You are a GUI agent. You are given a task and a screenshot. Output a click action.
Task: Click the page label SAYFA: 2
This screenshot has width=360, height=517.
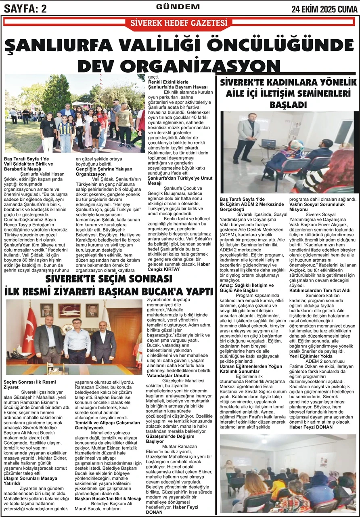tap(25, 8)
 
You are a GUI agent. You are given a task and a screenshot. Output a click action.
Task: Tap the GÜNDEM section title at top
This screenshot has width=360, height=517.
tap(178, 6)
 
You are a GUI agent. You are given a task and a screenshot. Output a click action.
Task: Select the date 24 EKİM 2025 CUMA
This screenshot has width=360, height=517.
tap(325, 8)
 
